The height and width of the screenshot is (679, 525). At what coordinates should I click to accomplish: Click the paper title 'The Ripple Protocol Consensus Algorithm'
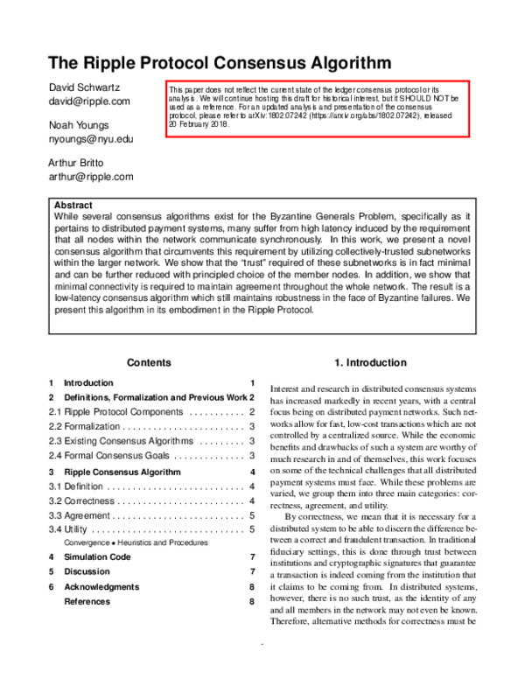(219, 63)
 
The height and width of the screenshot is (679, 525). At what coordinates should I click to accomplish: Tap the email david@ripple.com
(88, 101)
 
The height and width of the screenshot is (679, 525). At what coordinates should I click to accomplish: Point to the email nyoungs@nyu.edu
(90, 139)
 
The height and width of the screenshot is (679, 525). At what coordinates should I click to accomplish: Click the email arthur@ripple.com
(90, 177)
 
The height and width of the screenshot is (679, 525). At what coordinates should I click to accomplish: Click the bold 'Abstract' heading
(73, 206)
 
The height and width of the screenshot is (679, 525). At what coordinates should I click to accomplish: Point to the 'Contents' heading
(149, 362)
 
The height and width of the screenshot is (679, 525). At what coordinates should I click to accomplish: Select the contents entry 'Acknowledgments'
(101, 586)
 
